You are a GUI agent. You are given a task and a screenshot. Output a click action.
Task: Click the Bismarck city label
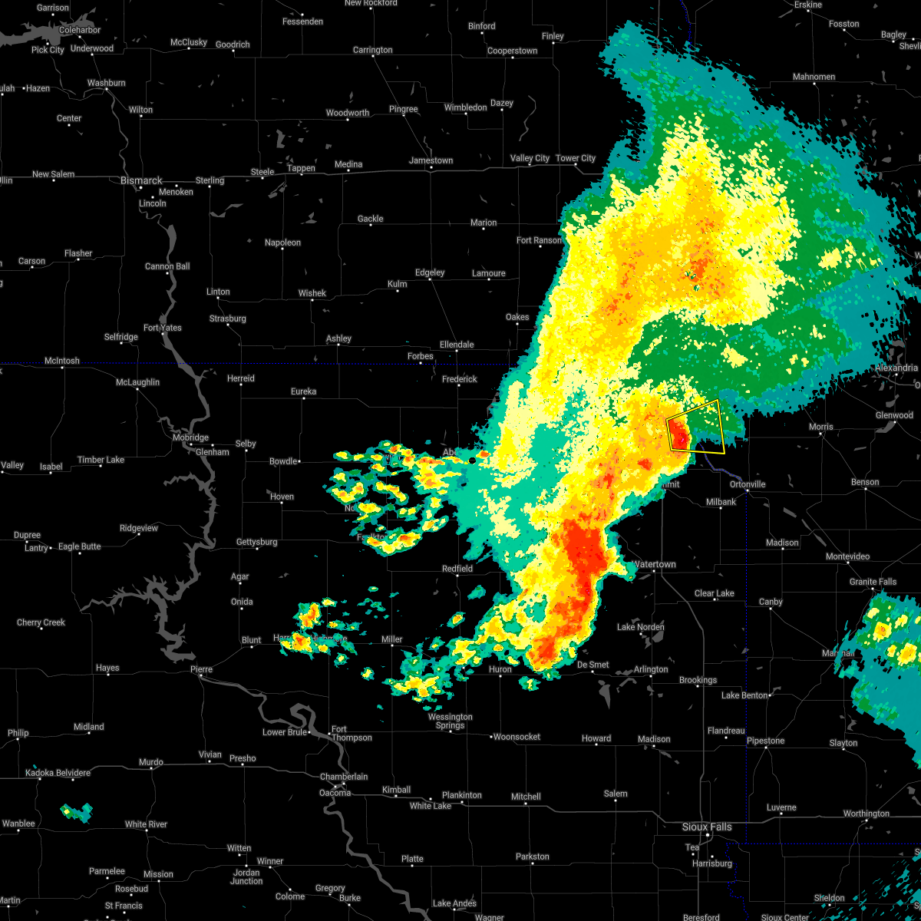(141, 180)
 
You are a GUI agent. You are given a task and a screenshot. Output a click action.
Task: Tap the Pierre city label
(201, 669)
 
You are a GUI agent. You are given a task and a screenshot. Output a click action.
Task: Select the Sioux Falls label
(707, 827)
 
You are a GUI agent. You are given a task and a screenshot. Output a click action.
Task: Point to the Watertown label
(655, 564)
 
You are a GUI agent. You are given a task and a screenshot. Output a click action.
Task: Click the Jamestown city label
(431, 160)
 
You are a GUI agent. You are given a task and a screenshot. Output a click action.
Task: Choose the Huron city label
(500, 669)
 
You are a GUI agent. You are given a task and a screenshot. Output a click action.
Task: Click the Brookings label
(698, 680)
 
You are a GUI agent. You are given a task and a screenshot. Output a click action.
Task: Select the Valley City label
(530, 158)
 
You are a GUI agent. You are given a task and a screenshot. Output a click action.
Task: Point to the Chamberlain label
(344, 777)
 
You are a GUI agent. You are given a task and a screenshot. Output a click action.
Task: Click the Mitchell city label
(526, 797)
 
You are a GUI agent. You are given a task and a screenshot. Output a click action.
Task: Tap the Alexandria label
(896, 368)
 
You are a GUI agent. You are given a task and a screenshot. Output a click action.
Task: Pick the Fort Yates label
(163, 328)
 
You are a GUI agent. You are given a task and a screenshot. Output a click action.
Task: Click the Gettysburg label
(256, 542)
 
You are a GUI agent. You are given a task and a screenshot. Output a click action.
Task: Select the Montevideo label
(847, 556)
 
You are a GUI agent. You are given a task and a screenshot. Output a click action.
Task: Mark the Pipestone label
(766, 741)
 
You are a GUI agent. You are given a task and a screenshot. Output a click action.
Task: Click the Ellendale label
(457, 345)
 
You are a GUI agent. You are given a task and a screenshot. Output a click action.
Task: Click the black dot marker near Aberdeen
(471, 460)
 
